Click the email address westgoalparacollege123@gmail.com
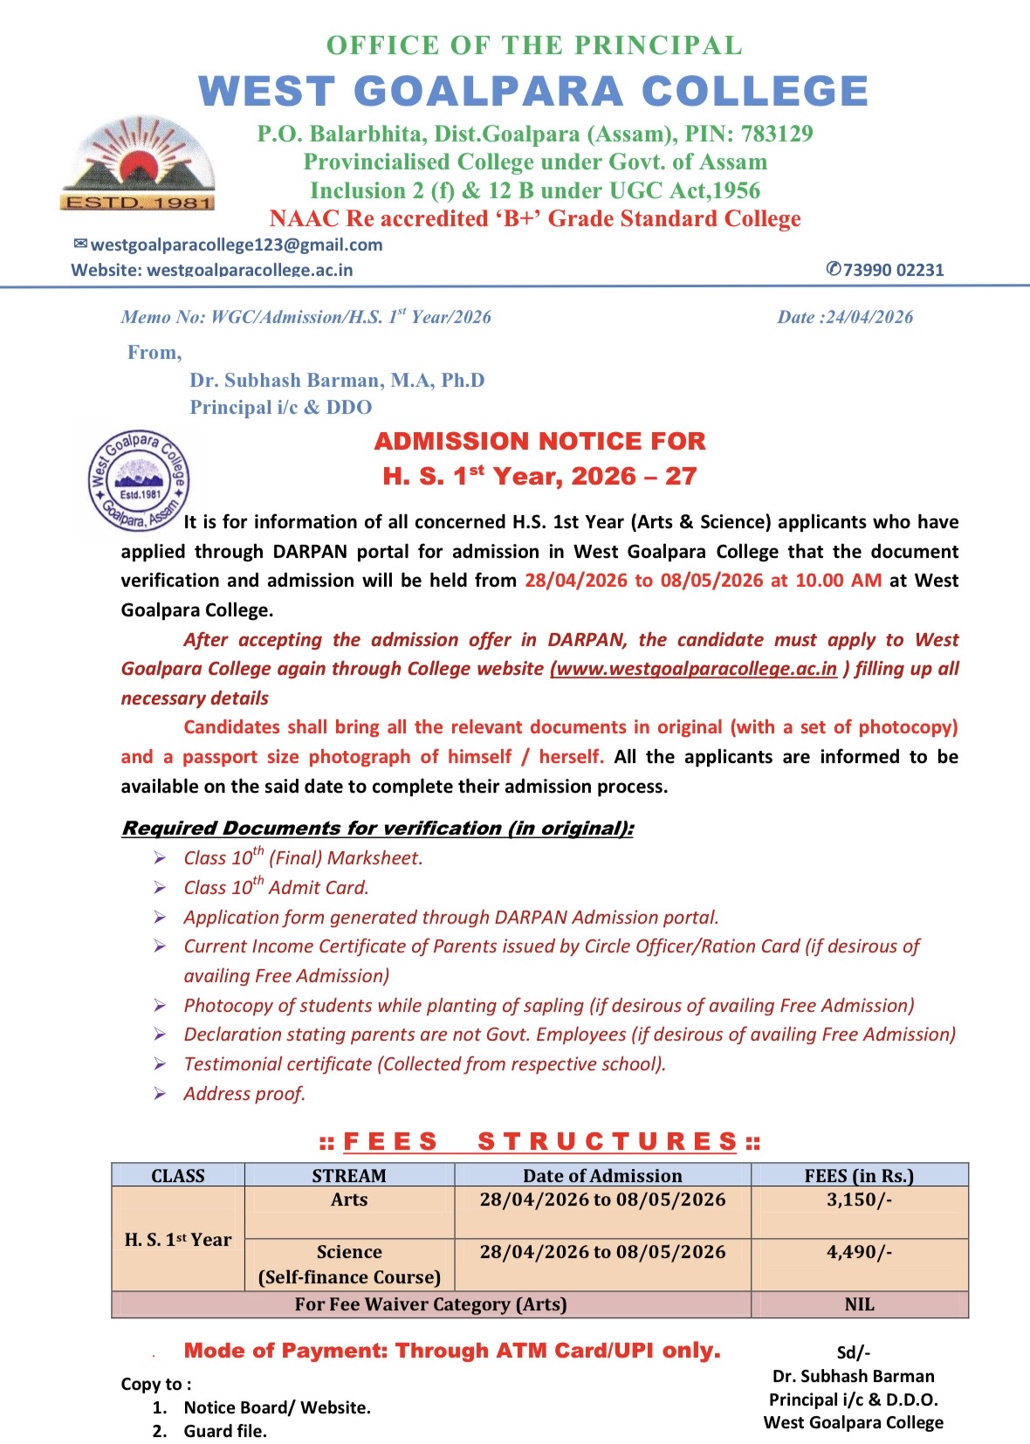tap(236, 244)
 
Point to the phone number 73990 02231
tap(893, 270)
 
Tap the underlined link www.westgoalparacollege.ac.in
tap(695, 669)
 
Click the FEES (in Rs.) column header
tap(859, 1175)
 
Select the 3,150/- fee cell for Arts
tap(859, 1200)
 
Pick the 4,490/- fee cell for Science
tap(859, 1252)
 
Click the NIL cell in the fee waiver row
tap(859, 1304)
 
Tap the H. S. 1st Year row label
tap(178, 1240)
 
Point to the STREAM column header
tap(349, 1175)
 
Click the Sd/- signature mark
tap(853, 1352)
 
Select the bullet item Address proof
tap(244, 1094)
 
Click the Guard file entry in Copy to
tap(225, 1431)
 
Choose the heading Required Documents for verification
tap(377, 828)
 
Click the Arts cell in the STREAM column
tap(349, 1200)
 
